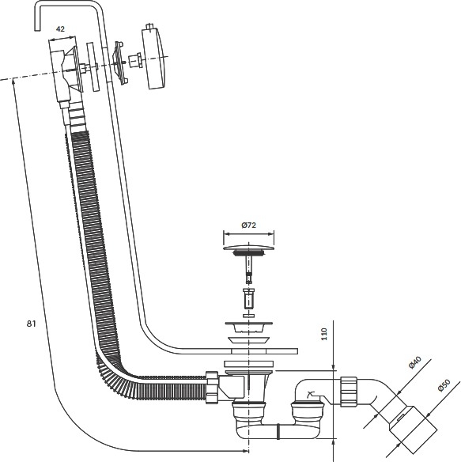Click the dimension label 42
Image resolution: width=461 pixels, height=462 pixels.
coord(60,28)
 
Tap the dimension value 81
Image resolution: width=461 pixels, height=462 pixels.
coord(31,324)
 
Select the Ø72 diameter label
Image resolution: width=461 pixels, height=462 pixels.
coord(248,225)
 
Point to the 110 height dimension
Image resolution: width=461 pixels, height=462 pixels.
coord(324,334)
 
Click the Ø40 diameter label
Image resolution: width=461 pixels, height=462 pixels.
coord(415,362)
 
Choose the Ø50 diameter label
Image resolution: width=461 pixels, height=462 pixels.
coord(444,385)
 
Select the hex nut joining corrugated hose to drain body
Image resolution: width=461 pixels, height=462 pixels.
coord(212,387)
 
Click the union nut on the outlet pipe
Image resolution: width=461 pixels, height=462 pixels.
coord(349,392)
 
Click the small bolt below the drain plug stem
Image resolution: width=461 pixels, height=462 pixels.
coord(249,298)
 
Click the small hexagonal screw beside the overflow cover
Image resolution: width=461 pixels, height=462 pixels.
coord(135,60)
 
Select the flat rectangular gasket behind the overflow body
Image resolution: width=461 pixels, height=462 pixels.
coord(93,66)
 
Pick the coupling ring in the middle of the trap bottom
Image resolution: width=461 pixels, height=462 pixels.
coord(278,431)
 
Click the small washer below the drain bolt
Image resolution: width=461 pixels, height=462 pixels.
coord(249,316)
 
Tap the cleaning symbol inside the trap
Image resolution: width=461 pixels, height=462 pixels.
coord(311,394)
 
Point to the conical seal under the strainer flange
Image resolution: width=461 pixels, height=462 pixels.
coord(249,340)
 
